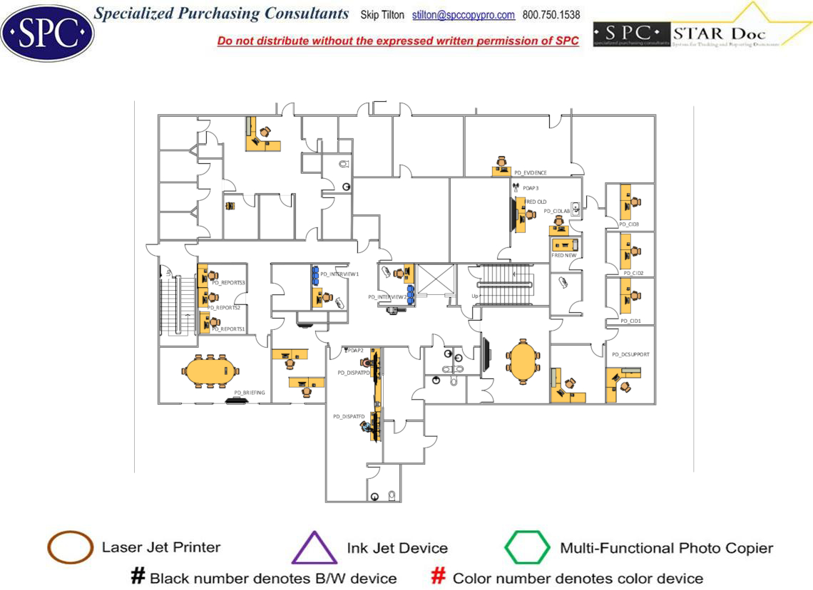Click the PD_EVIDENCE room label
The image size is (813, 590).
(531, 172)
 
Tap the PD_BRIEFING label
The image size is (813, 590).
(250, 393)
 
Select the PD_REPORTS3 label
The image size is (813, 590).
(228, 283)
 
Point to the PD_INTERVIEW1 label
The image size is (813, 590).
(339, 274)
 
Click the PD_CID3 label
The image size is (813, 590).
(629, 224)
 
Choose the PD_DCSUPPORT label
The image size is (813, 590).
(630, 354)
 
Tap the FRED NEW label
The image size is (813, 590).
(564, 255)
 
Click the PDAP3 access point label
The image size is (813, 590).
(531, 188)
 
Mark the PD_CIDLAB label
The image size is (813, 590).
(557, 211)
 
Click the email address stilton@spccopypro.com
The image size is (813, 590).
(464, 15)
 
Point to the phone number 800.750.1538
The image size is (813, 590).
(551, 15)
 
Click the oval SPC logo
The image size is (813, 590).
(47, 32)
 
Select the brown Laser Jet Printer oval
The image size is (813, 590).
(70, 548)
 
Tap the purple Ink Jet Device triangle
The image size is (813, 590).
(314, 549)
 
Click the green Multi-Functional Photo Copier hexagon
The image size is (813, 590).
(528, 548)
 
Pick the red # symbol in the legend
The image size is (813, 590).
(440, 576)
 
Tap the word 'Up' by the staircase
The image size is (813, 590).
(475, 296)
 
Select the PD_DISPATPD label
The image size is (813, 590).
(353, 373)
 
